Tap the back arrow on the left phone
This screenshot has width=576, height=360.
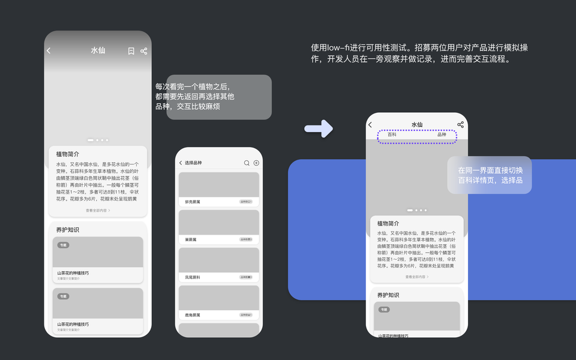(49, 51)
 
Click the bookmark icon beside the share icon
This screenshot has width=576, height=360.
(131, 51)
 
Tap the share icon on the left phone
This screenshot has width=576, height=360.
(144, 51)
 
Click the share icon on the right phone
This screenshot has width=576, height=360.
(460, 124)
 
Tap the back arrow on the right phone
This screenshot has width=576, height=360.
(370, 125)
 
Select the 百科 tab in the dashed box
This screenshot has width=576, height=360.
(392, 135)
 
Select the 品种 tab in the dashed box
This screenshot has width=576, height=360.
(442, 135)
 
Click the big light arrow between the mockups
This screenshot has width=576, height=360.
(318, 128)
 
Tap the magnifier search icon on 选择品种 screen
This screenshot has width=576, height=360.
(247, 163)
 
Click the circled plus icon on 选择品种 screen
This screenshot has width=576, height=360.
(256, 163)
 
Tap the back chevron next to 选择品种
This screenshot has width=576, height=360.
(181, 163)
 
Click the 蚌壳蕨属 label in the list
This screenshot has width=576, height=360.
(193, 202)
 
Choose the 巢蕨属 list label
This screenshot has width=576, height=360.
(191, 239)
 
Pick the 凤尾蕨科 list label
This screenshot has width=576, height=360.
(193, 277)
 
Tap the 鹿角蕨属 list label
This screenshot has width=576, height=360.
(193, 315)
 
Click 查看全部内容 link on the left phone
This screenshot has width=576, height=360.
(98, 211)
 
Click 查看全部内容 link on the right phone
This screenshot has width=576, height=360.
(417, 277)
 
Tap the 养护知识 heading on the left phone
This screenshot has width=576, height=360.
(68, 230)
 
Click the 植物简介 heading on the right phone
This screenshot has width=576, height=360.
(388, 223)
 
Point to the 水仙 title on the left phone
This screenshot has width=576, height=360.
(98, 51)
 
